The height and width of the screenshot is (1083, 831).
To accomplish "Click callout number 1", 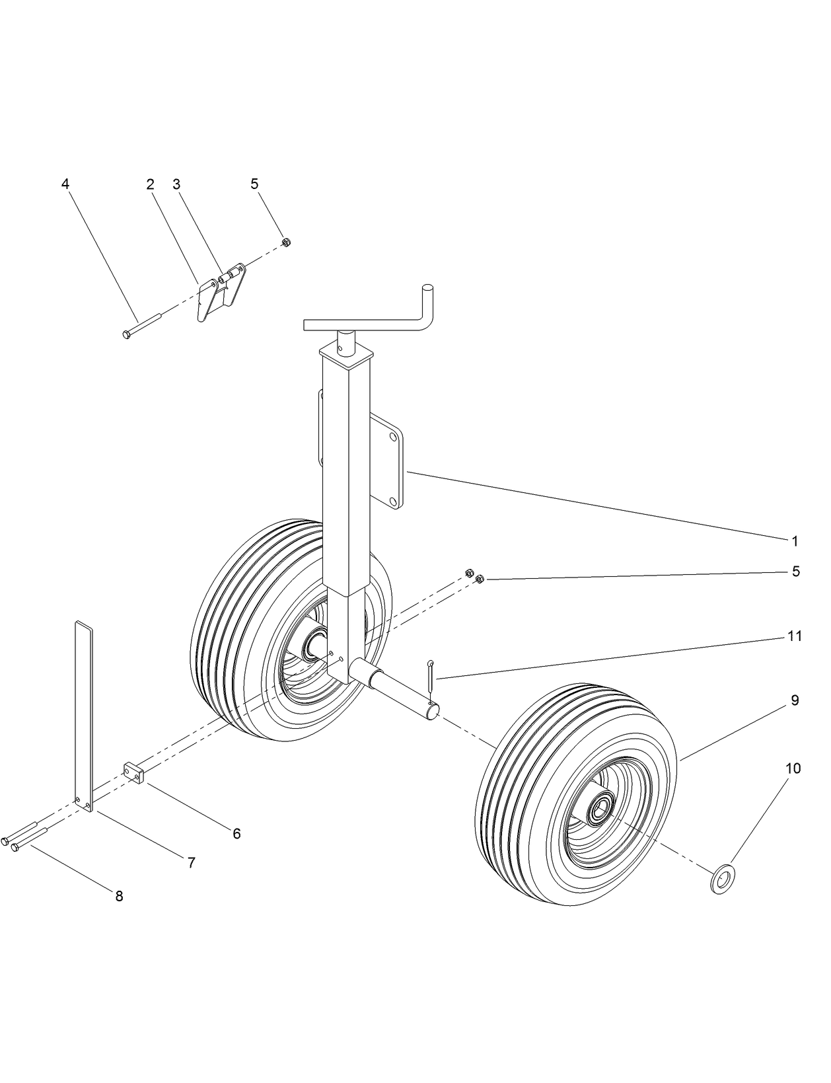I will point(795,541).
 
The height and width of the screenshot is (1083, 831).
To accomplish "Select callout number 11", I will point(795,636).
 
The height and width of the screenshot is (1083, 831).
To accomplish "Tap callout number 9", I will point(795,700).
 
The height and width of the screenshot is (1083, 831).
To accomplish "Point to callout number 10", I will point(793,768).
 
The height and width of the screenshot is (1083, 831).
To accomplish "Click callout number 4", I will point(65,184).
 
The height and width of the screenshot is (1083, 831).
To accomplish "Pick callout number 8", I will point(119,897).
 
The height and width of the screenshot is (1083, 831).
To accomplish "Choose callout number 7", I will point(191,863).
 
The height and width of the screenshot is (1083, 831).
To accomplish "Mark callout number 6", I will point(236,834).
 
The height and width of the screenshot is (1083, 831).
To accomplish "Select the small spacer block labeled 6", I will point(134,771).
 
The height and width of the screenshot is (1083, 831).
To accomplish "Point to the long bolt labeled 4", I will point(142,326).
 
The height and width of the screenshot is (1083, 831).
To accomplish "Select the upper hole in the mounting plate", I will point(393,437).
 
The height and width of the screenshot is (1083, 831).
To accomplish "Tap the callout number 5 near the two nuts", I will point(796,571).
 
